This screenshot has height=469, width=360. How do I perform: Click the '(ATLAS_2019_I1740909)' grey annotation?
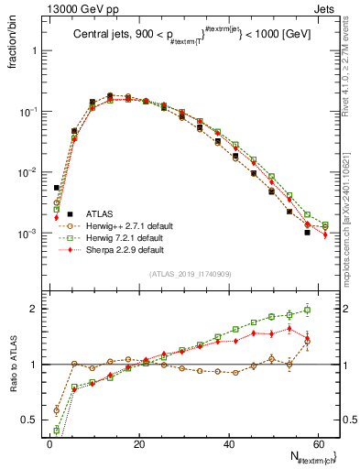pos(191,275)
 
